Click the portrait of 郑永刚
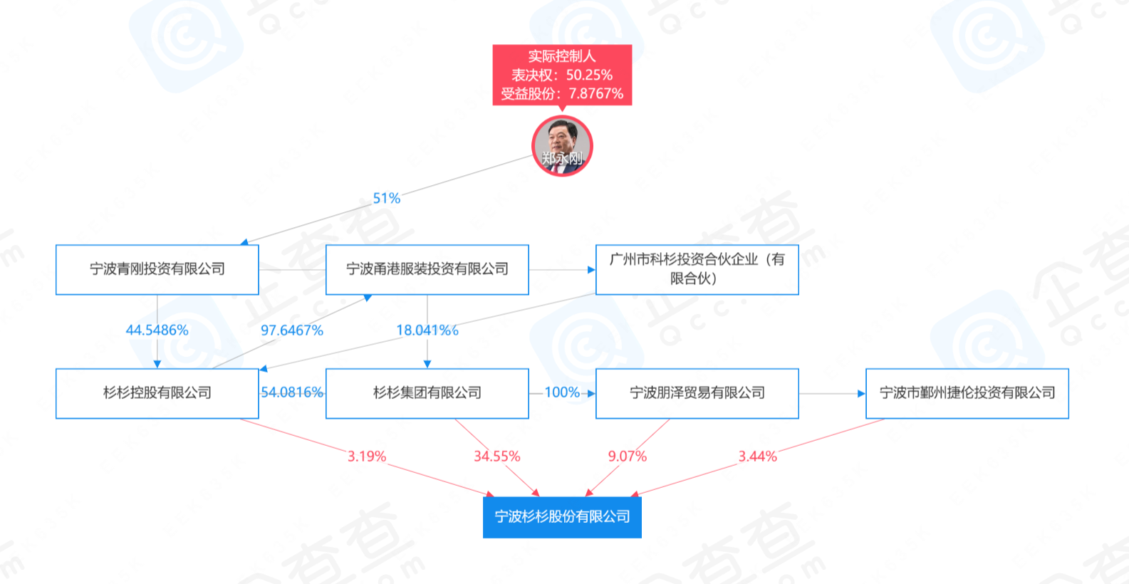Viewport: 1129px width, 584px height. coord(562,145)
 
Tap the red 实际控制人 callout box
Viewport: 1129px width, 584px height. coord(562,75)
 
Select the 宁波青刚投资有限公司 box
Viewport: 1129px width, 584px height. coord(157,269)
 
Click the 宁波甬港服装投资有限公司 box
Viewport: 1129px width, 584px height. coord(427,269)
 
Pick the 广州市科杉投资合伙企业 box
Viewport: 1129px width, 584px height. coord(697,269)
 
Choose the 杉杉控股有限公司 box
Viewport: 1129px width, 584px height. coord(157,393)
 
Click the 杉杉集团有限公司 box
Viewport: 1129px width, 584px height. coord(427,393)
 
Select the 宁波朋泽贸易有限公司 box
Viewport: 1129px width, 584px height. coord(697,393)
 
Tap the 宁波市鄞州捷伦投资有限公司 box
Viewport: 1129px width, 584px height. coord(967,393)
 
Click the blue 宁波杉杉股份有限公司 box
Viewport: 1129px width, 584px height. coord(562,516)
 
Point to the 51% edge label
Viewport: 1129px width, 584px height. coord(387,199)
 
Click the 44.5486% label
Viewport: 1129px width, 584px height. coord(157,330)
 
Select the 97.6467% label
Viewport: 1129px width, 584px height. coord(292,330)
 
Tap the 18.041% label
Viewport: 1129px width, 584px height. coord(426,330)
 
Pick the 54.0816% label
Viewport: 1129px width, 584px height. coord(292,392)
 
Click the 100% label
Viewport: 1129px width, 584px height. coord(562,392)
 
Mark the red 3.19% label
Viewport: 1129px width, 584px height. coord(367,457)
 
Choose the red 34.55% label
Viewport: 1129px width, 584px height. coord(497,457)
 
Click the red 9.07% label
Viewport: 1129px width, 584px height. coord(628,457)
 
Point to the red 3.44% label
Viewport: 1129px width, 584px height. coord(757,457)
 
